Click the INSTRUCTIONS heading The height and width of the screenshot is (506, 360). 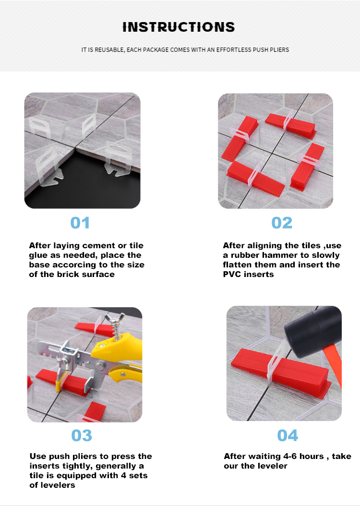coord(179,27)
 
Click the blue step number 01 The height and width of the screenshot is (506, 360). coord(80,223)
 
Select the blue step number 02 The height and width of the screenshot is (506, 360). coord(282,223)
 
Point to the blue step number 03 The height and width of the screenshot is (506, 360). coord(82,435)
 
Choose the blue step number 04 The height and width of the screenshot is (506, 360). coord(288,435)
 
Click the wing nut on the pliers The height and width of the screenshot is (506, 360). coord(117,319)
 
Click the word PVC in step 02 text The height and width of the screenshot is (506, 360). coord(232,274)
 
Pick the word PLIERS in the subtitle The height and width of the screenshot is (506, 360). coord(280,50)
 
